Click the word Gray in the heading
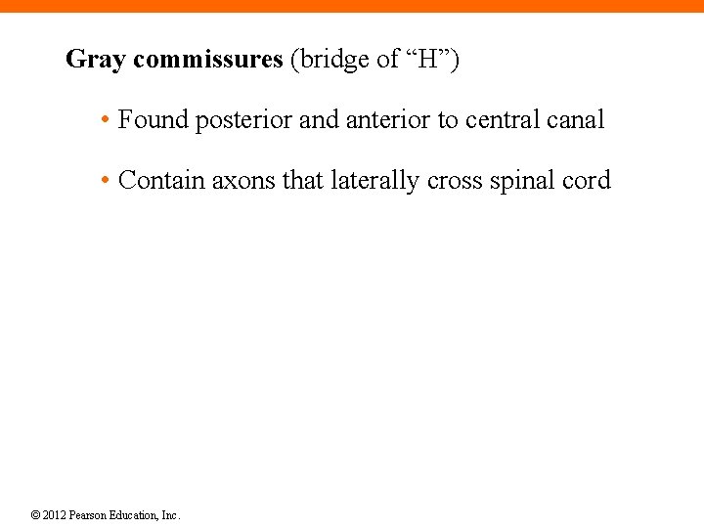96,61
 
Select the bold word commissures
207,60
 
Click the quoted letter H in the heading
428,60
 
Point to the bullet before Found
104,121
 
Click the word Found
154,120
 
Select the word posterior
243,121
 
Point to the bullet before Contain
104,182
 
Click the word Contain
159,181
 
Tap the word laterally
375,182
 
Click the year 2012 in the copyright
55,515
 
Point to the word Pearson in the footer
88,515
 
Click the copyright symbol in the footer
35,515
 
